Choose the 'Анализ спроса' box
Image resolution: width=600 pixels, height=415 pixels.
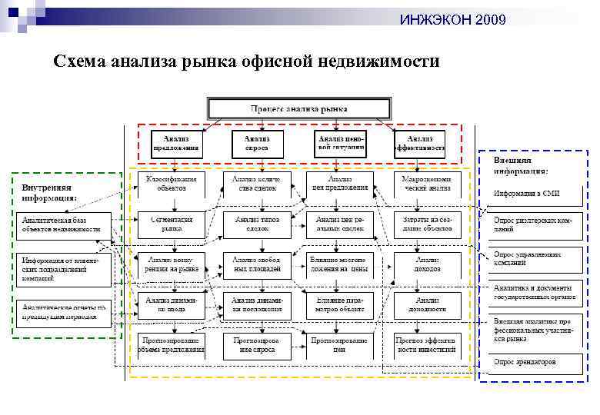point(258,141)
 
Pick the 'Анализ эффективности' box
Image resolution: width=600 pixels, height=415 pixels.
point(419,141)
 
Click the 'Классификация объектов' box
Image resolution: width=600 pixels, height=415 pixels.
point(172,183)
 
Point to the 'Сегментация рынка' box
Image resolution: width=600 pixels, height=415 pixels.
point(172,223)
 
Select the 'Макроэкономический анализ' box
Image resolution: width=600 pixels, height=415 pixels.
point(427,183)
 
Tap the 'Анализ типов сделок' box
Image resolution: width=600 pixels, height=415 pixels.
point(258,223)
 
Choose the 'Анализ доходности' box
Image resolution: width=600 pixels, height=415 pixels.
point(427,306)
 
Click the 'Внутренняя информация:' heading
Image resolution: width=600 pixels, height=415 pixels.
point(49,192)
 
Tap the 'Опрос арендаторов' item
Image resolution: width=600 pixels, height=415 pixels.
point(527,360)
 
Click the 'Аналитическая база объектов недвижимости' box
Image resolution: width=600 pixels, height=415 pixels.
point(62,224)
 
